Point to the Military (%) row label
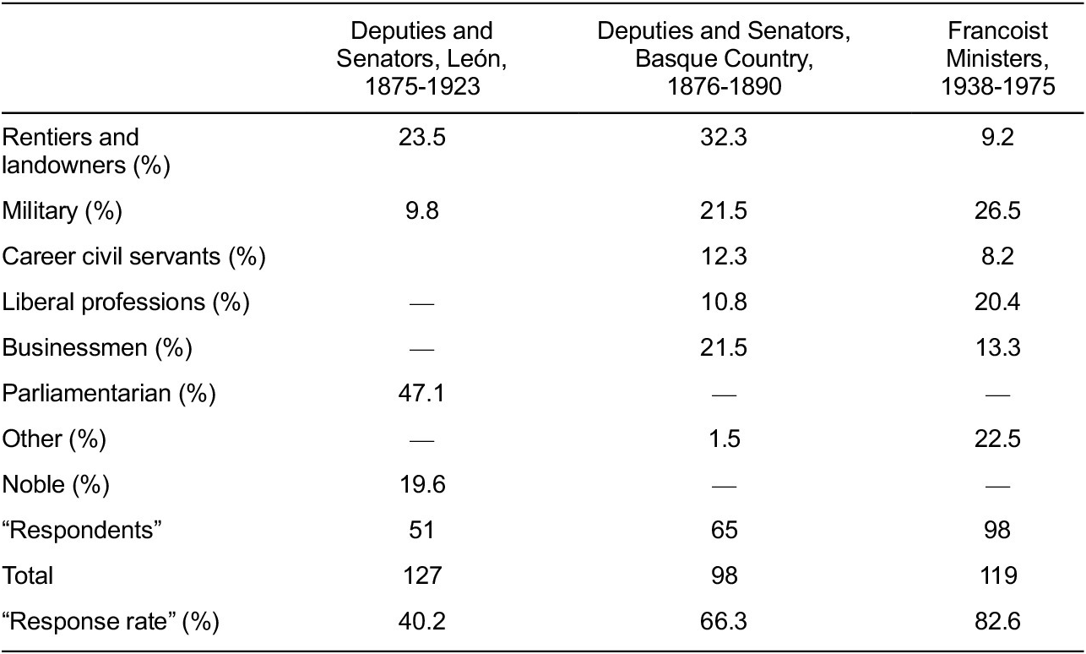62,210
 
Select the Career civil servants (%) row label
134,256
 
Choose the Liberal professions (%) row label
126,302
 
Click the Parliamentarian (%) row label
109,393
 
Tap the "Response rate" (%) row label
111,622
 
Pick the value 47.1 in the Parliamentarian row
421,393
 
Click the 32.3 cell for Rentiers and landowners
725,138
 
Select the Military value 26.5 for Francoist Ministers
997,210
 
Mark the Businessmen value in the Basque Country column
725,347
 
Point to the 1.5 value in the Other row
725,439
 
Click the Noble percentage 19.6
421,484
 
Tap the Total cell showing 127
421,575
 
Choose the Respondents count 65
725,530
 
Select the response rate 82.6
997,622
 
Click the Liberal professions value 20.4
997,302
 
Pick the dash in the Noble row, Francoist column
997,485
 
